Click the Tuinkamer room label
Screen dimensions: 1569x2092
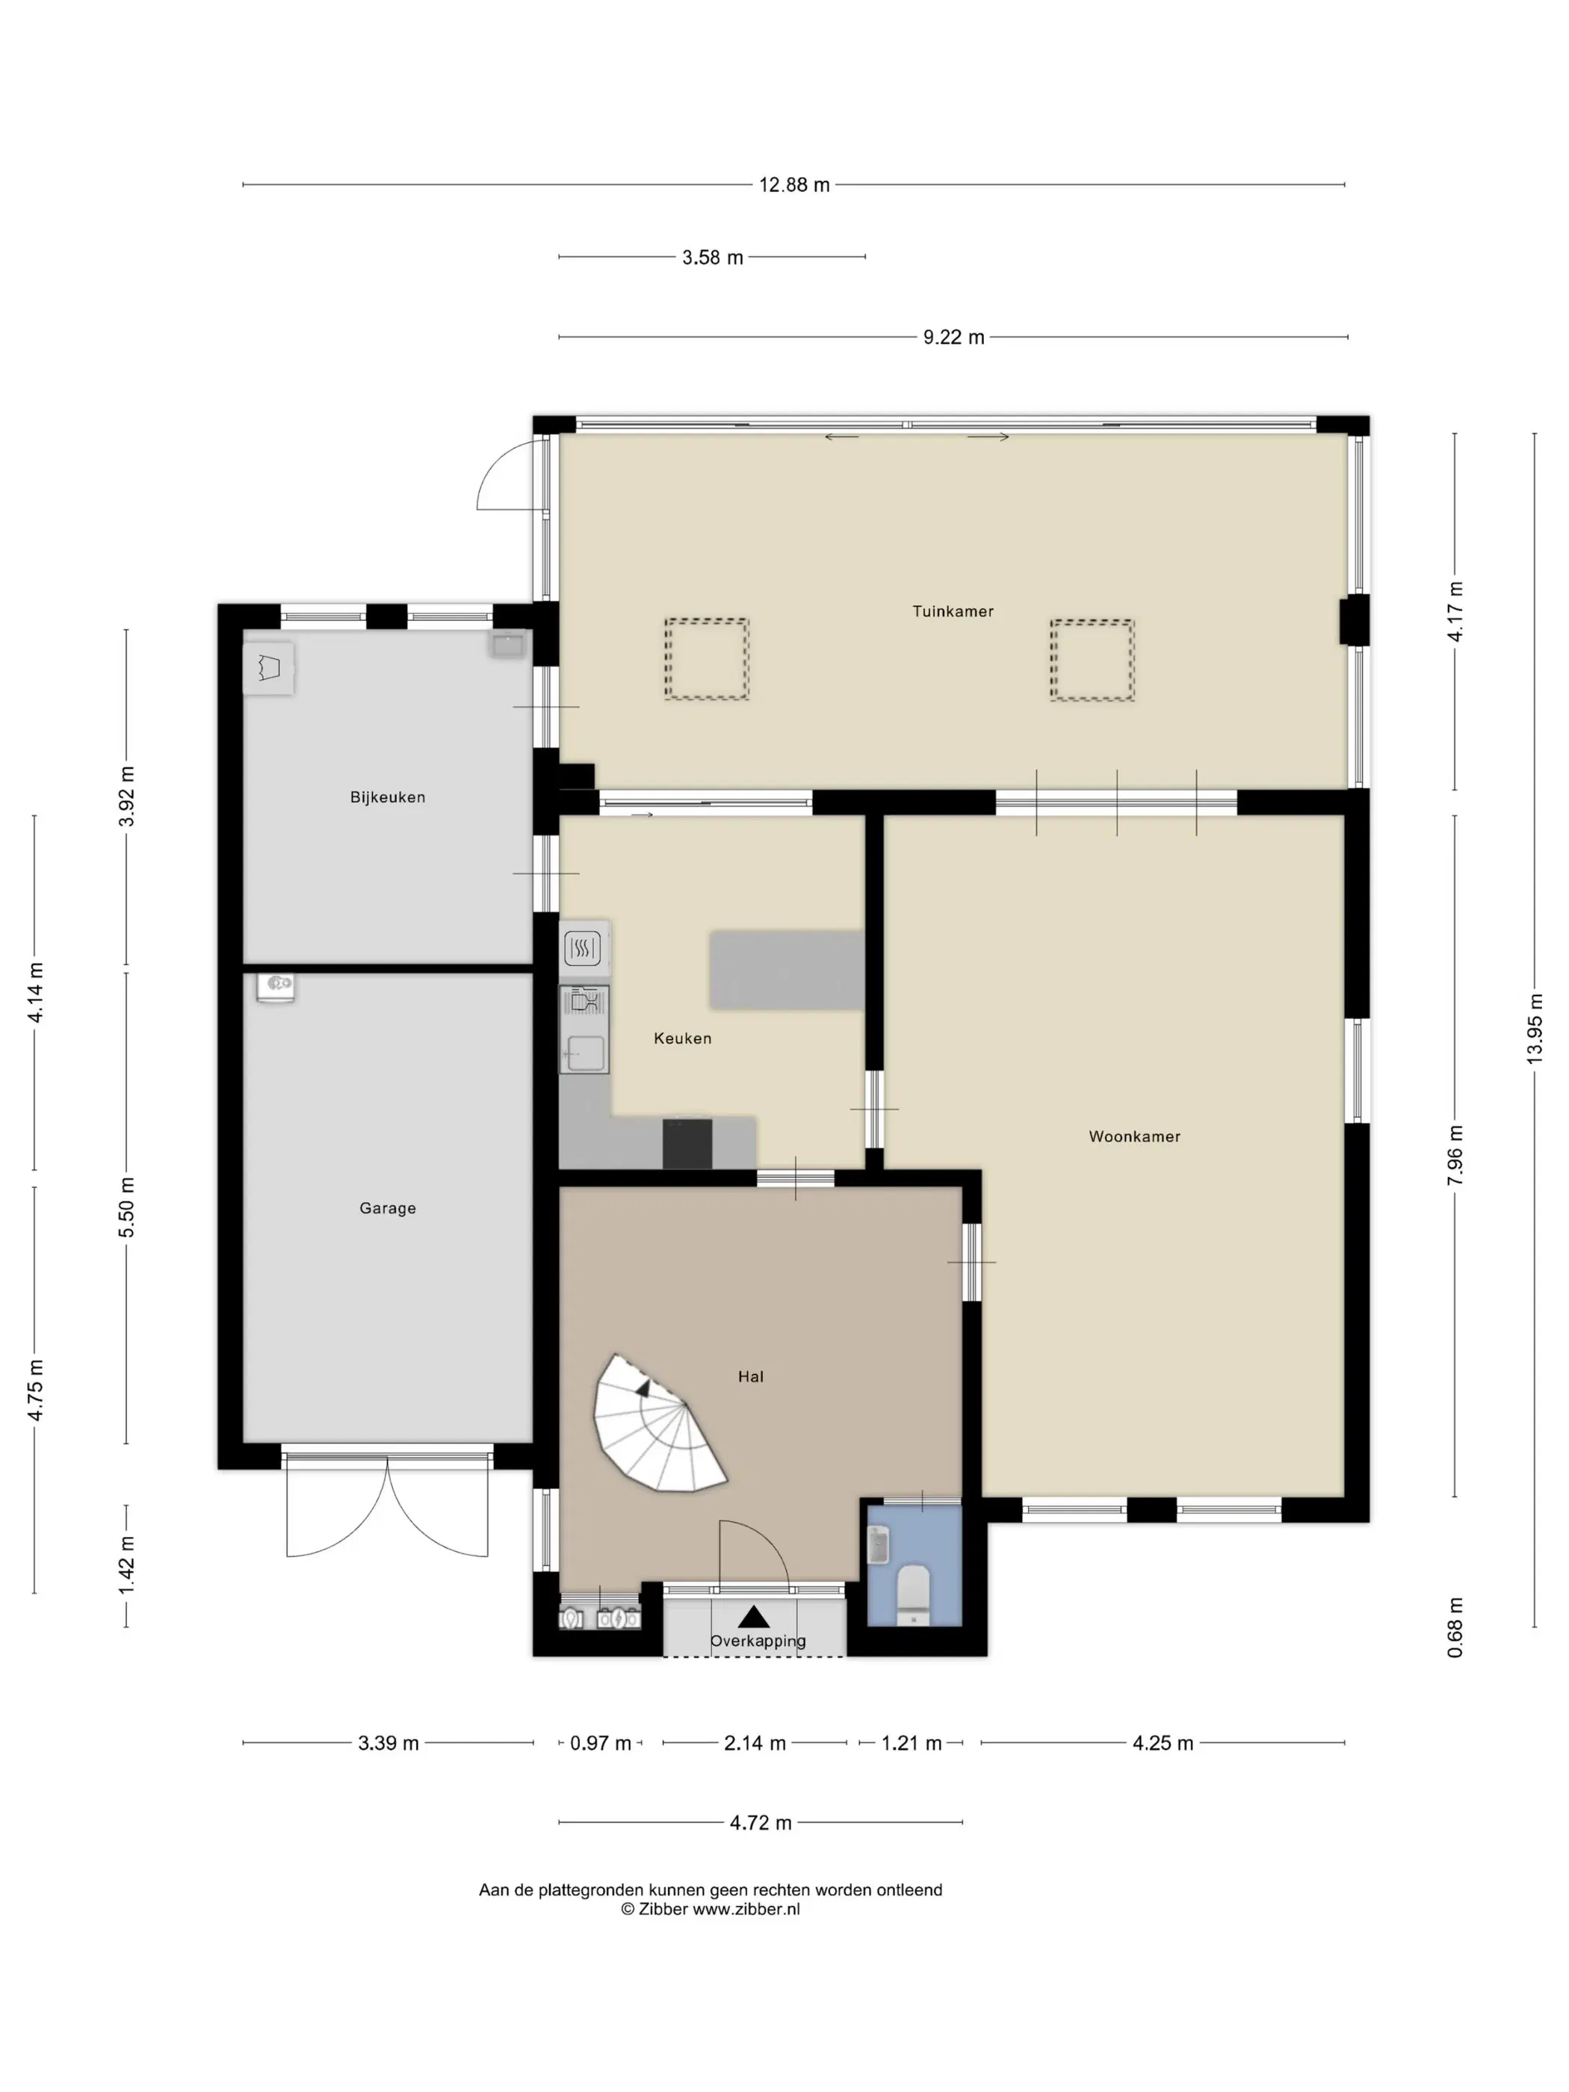[953, 611]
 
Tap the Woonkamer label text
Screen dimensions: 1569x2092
[1134, 1137]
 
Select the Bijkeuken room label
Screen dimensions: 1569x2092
[388, 797]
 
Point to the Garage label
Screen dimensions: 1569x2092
[388, 1209]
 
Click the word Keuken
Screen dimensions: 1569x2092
[682, 1039]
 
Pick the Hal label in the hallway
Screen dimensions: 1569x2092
[751, 1377]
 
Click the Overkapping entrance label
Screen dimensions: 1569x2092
[758, 1641]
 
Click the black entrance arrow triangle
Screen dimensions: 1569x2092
[754, 1616]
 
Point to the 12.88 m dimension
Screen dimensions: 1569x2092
[794, 185]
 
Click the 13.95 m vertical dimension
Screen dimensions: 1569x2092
[1534, 1028]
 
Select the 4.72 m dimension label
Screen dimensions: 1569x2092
[761, 1822]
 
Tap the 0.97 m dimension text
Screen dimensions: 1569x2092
[601, 1743]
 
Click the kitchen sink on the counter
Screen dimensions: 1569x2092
[584, 1053]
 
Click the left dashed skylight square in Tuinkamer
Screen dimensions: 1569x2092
[707, 659]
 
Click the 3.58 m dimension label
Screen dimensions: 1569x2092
[713, 257]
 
